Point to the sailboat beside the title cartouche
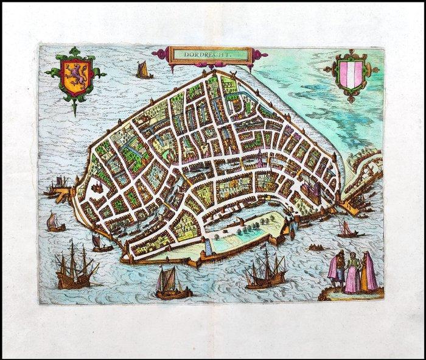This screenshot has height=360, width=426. coord(144,70)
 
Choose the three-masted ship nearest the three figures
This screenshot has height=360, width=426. coord(265,272)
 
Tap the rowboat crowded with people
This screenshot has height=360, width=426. coord(316,247)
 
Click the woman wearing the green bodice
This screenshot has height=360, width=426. coord(352,274)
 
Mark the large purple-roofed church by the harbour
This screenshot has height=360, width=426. coord(313,190)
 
